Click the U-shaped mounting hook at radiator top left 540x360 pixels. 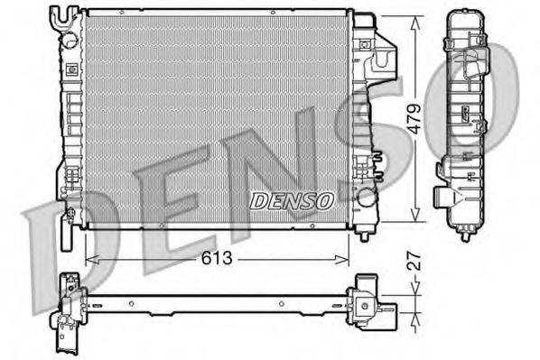pyautogui.click(x=62, y=17)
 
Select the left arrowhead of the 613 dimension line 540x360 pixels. pyautogui.click(x=88, y=260)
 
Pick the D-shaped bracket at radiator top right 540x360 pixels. pyautogui.click(x=389, y=60)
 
